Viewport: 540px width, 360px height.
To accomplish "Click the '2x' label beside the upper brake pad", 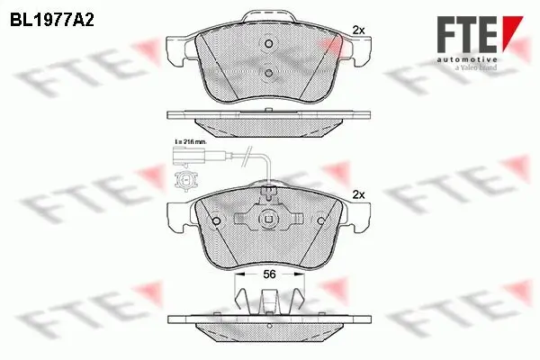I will tap(357, 30).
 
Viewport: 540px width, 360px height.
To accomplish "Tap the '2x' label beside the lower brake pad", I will tap(357, 194).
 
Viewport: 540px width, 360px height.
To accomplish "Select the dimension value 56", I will tap(268, 277).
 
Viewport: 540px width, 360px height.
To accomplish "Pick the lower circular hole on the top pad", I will tap(268, 75).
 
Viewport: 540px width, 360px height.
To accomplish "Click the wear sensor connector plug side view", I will tap(184, 162).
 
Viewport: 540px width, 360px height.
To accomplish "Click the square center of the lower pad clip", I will tap(268, 219).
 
